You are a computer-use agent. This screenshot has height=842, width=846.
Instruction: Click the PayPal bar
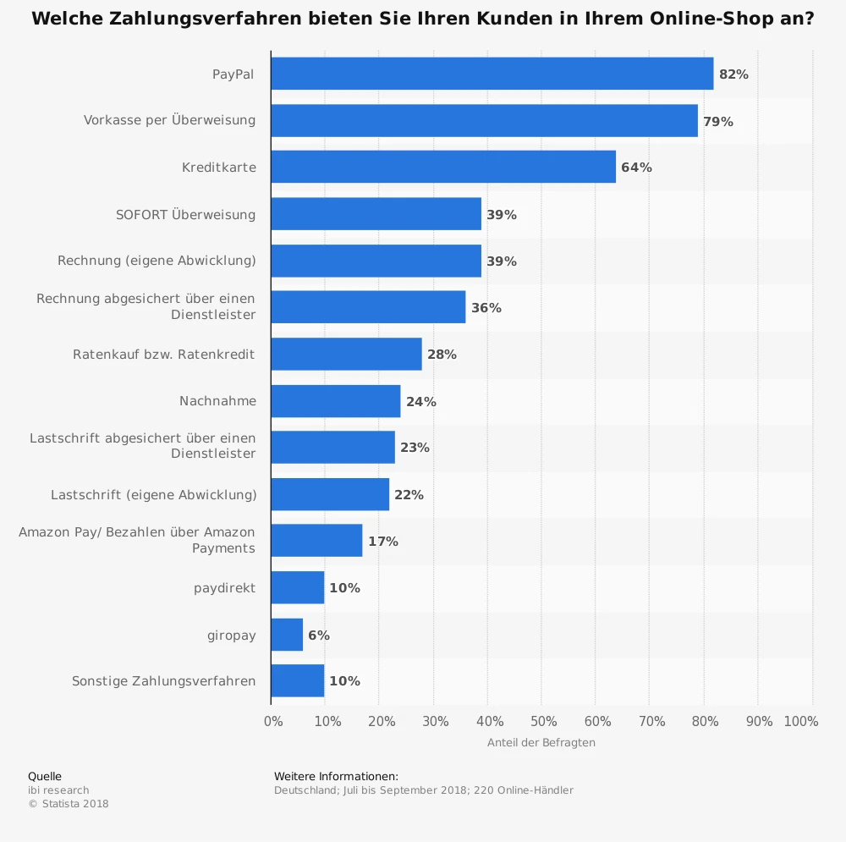point(492,74)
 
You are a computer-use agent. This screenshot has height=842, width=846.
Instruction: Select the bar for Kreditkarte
point(443,168)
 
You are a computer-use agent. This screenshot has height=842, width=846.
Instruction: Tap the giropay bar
point(287,635)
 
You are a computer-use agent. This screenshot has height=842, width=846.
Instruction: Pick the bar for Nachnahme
point(336,401)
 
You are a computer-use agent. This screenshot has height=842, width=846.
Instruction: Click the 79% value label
point(718,121)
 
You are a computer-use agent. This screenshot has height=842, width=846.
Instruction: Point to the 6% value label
point(319,635)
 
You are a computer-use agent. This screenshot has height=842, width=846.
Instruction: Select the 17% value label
point(383,542)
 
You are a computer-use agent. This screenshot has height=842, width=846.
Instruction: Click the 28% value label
point(442,355)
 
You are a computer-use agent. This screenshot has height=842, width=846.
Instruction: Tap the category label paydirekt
point(224,588)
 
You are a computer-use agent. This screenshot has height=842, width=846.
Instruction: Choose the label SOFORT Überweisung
point(185,215)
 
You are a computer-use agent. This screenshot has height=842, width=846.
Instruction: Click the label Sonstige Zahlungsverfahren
point(163,681)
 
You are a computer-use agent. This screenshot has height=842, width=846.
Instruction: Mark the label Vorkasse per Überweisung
point(169,120)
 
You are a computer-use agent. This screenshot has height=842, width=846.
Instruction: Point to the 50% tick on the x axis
point(544,722)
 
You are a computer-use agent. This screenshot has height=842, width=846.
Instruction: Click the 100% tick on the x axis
point(801,722)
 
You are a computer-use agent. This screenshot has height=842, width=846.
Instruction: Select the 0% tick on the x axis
point(273,722)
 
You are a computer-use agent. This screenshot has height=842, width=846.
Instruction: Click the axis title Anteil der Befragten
point(541,743)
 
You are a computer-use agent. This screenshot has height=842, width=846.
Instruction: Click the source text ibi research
point(58,790)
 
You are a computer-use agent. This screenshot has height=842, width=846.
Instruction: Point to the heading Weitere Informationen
point(336,776)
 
